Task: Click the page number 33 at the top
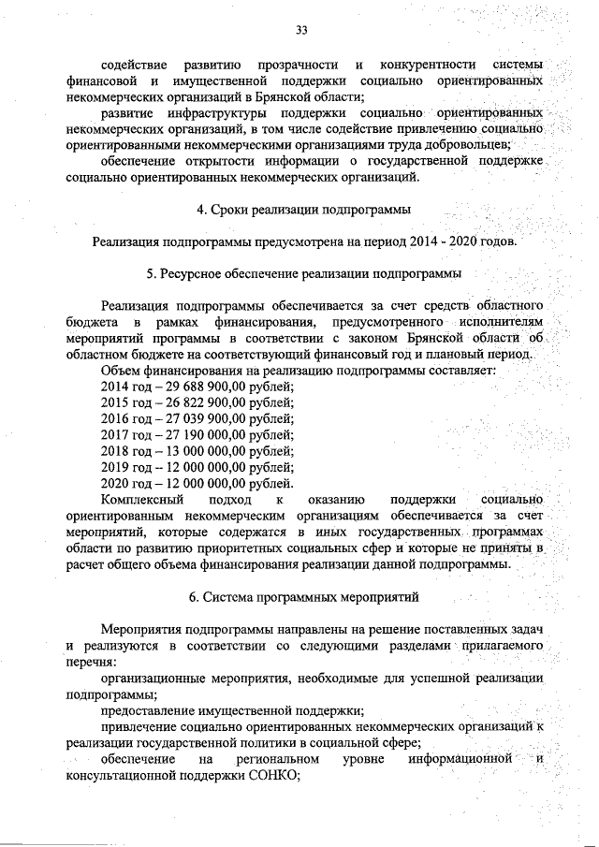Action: [x=301, y=30]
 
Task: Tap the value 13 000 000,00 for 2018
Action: [x=197, y=450]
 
